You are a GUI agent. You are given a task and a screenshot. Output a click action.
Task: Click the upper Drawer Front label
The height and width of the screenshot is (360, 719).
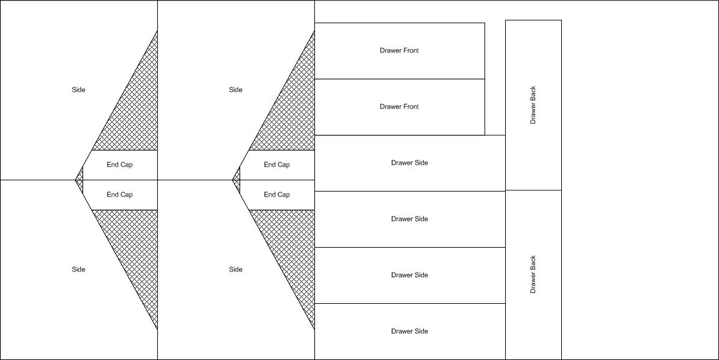click(x=399, y=51)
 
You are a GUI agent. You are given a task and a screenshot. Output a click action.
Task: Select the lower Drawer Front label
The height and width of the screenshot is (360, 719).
click(x=399, y=107)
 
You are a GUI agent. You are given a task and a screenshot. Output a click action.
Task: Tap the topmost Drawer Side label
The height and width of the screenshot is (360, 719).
click(x=410, y=163)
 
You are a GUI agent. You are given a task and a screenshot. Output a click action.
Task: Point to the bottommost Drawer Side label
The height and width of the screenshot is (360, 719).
click(x=410, y=331)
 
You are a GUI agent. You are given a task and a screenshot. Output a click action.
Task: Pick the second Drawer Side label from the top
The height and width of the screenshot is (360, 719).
click(x=410, y=219)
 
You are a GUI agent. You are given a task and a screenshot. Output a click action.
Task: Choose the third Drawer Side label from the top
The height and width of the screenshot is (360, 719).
click(x=410, y=275)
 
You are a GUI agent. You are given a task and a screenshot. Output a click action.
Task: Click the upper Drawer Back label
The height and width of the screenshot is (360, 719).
click(x=533, y=105)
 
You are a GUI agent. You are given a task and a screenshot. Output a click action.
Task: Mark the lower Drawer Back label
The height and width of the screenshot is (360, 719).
click(x=533, y=275)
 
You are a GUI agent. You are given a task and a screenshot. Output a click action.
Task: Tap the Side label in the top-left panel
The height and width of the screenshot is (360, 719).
click(x=79, y=90)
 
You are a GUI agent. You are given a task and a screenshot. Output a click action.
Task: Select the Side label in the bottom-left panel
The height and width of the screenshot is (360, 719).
click(x=79, y=270)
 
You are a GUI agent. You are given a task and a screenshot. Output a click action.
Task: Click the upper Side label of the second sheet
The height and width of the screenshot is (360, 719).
click(x=236, y=90)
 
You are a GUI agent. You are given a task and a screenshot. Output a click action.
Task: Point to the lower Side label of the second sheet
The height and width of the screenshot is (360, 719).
click(x=236, y=270)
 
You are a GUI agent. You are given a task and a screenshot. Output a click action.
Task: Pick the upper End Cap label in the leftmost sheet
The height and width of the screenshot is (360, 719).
click(x=120, y=165)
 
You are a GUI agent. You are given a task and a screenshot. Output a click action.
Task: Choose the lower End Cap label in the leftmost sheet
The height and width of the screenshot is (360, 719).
click(x=120, y=195)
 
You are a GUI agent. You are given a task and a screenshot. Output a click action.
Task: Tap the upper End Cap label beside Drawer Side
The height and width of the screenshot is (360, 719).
click(x=276, y=165)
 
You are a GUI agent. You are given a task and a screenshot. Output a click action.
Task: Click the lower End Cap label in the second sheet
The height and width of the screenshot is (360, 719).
click(x=276, y=195)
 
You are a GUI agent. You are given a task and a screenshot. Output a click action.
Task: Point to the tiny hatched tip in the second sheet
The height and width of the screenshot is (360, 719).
click(x=237, y=180)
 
